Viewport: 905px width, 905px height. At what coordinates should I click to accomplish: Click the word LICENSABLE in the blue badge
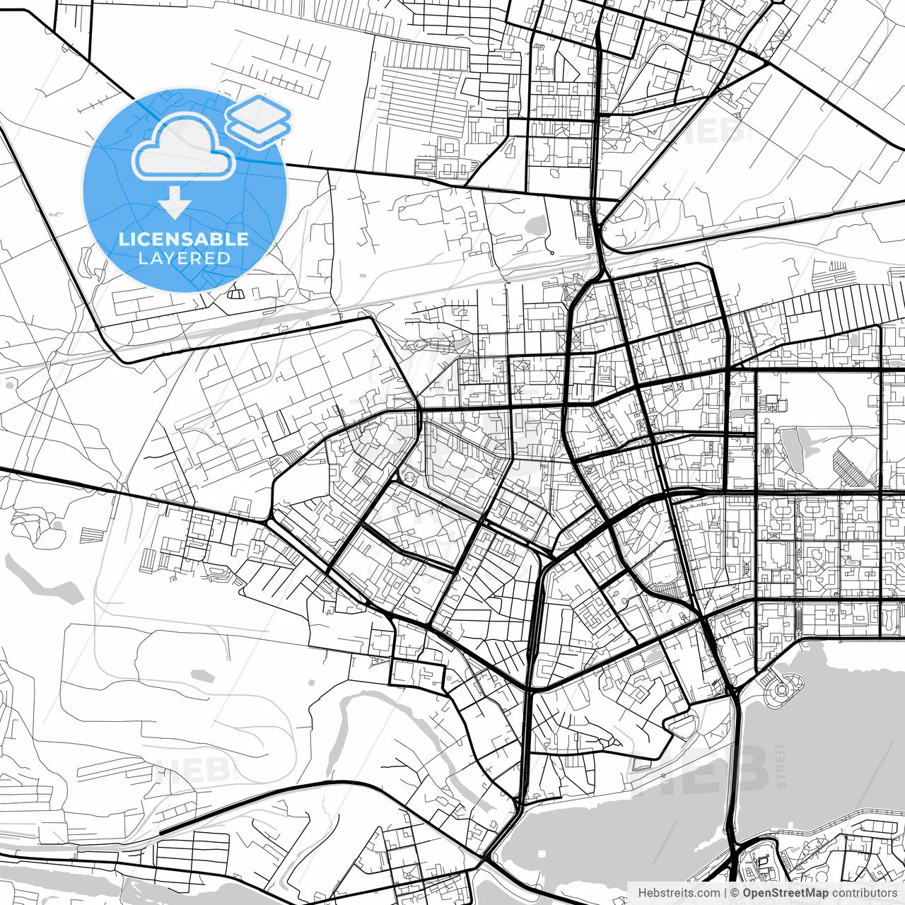(x=184, y=239)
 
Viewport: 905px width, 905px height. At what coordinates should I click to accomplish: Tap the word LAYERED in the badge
(x=184, y=258)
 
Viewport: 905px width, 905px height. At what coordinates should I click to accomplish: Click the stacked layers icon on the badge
(x=259, y=121)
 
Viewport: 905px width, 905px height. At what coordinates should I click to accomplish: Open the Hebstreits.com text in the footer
(x=679, y=893)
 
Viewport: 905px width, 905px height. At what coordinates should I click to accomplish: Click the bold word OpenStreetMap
(x=784, y=893)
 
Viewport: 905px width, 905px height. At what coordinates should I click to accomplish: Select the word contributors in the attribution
(x=865, y=893)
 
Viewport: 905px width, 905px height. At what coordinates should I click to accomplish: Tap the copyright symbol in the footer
(x=735, y=893)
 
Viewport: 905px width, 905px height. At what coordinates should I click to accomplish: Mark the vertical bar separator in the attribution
(x=725, y=893)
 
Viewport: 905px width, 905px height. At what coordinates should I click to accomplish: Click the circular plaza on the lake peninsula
(x=781, y=688)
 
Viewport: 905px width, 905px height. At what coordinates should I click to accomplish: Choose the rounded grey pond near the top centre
(x=535, y=226)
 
